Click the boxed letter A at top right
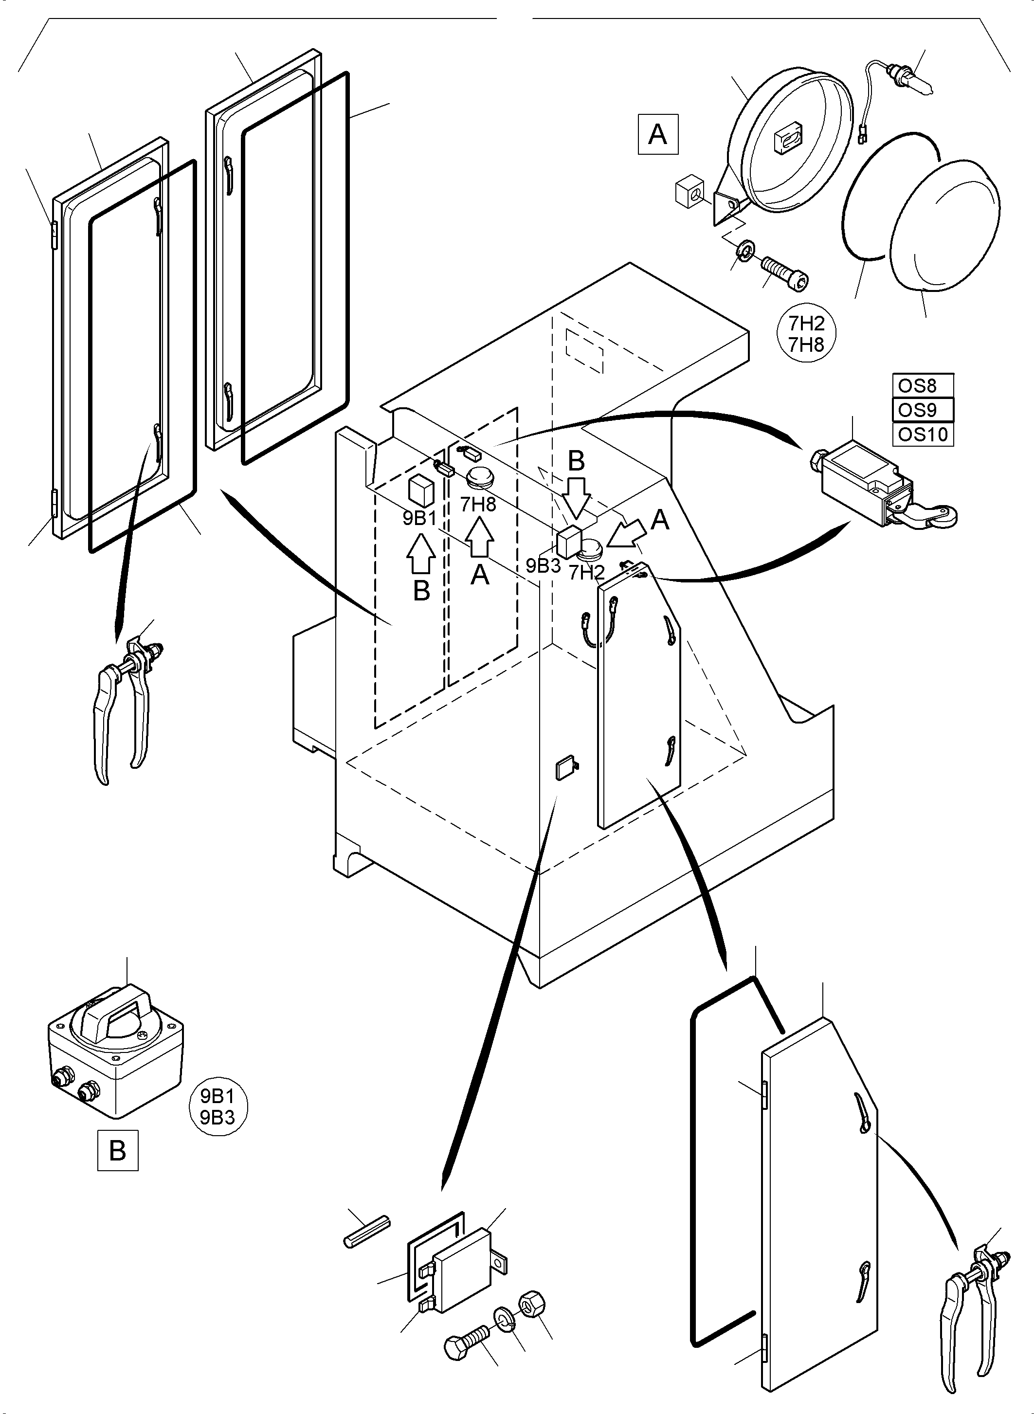click(657, 134)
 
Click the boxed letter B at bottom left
click(118, 1150)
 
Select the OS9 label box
click(922, 410)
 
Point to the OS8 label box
click(922, 385)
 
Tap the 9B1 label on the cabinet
click(419, 518)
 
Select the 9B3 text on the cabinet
click(543, 566)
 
